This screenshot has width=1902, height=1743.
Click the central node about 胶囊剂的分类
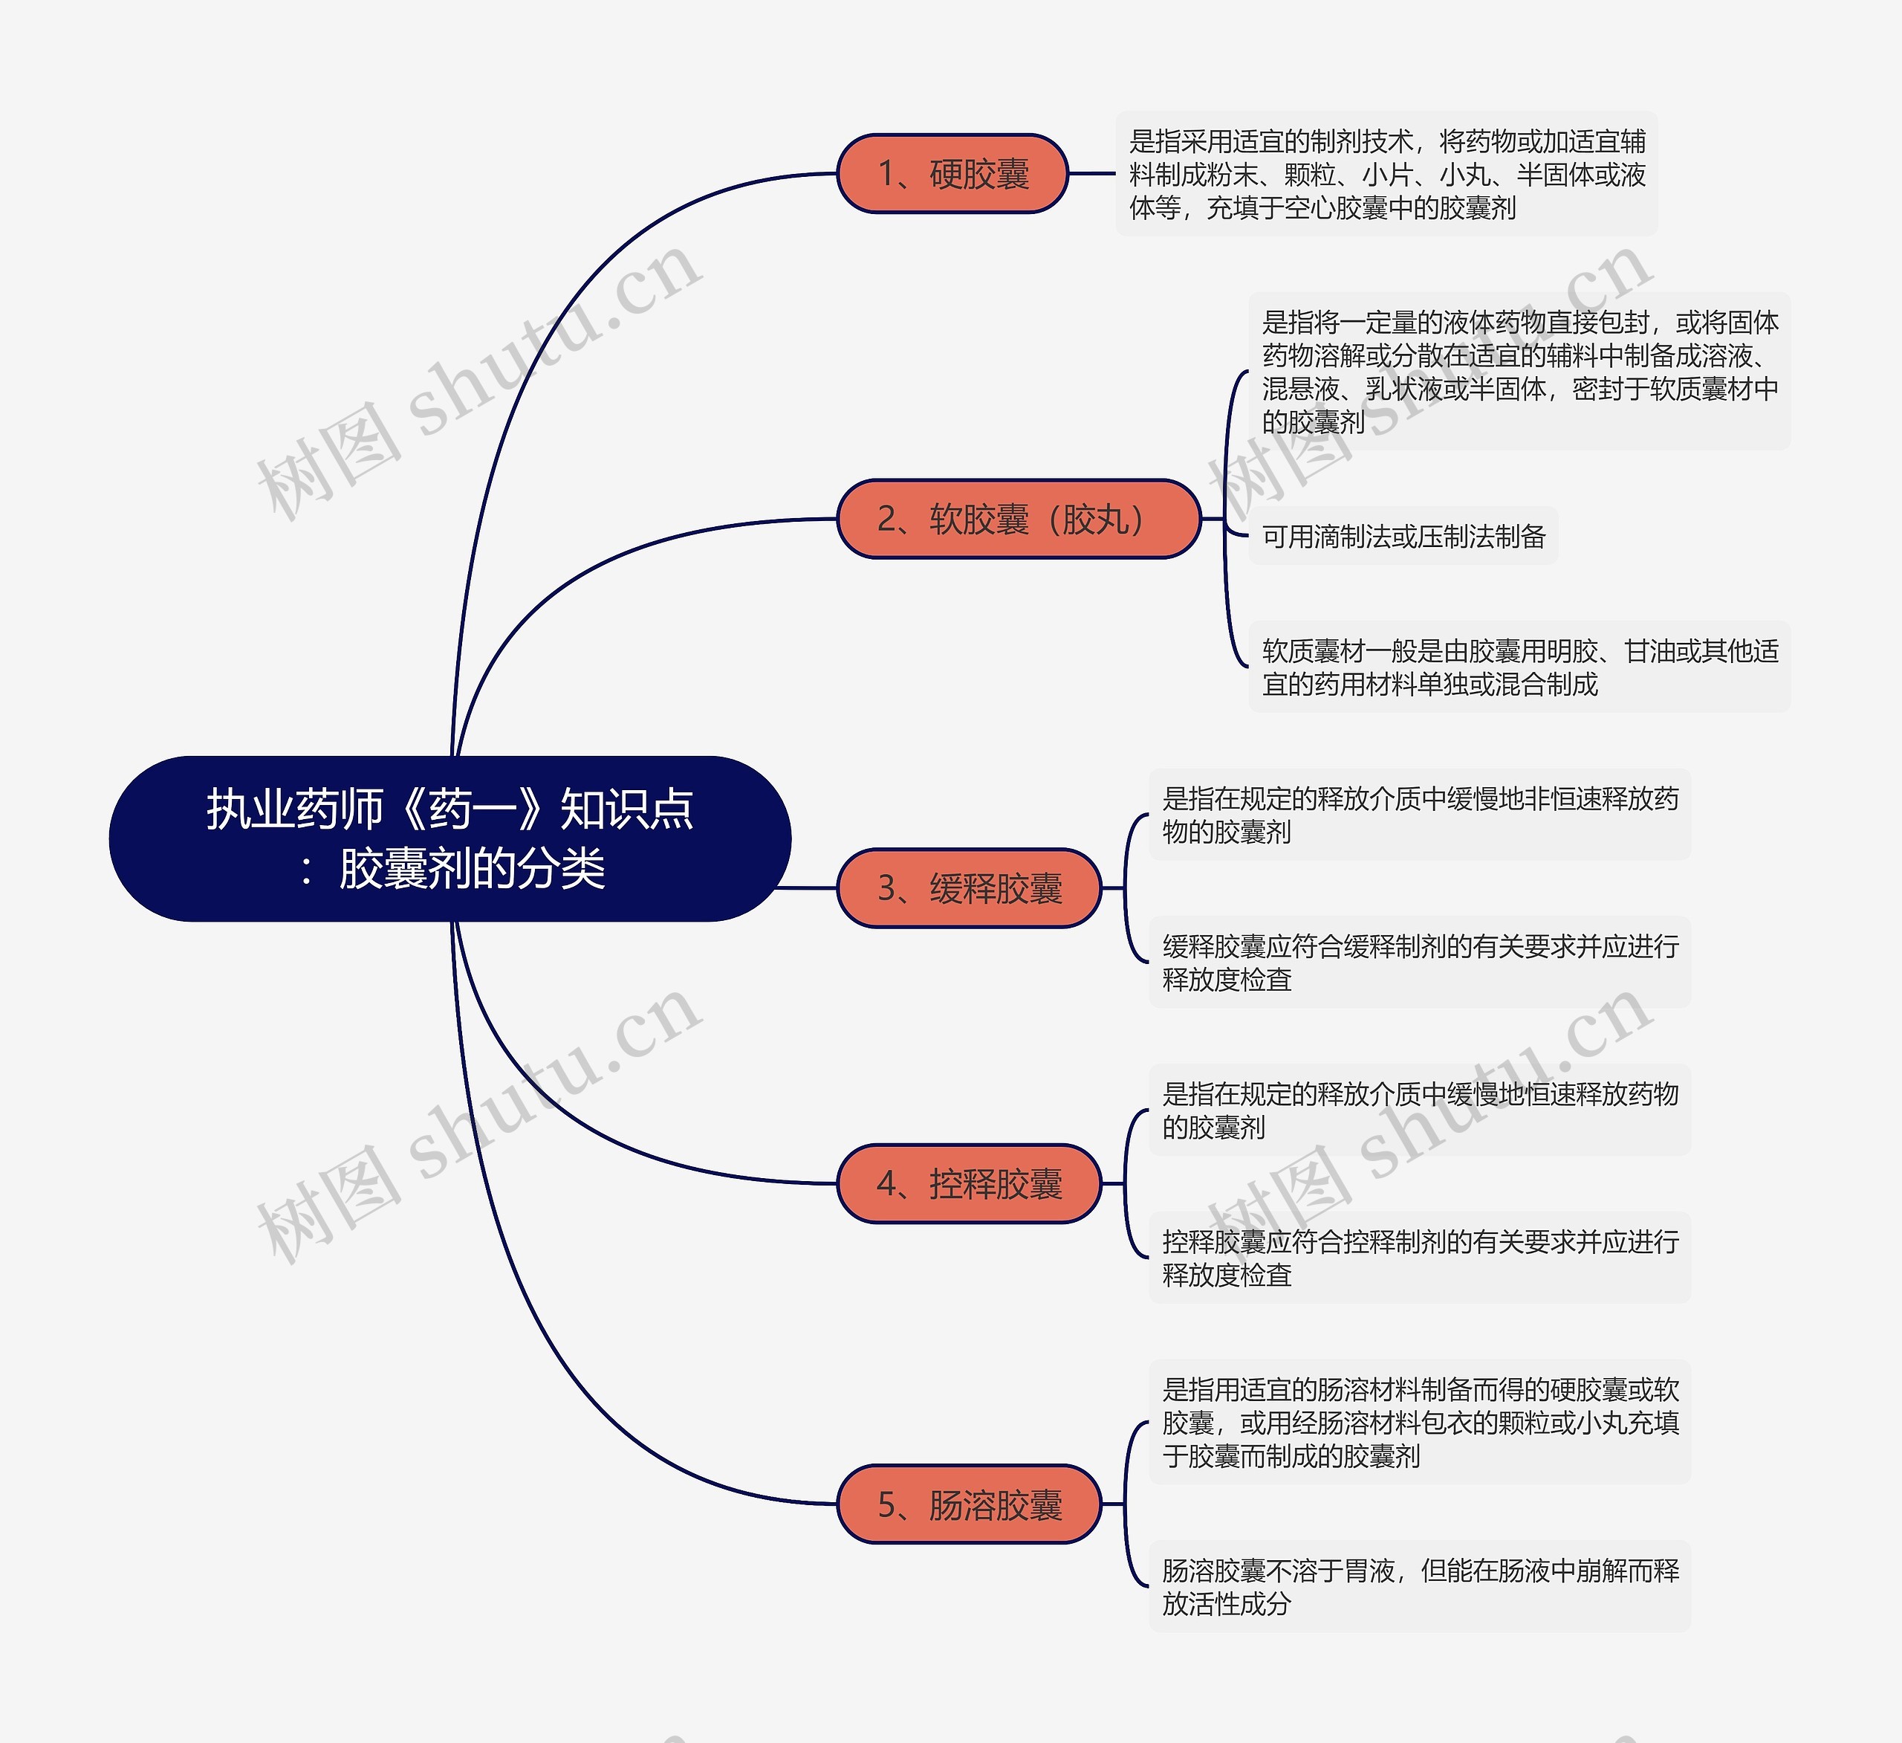(450, 838)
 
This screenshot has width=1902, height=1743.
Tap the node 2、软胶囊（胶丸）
(1018, 519)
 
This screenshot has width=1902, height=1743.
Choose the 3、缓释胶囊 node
(969, 888)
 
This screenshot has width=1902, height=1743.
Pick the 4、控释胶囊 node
(969, 1183)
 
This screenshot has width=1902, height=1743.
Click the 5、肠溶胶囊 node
(969, 1504)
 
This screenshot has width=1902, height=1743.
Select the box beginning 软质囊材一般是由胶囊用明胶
(1519, 667)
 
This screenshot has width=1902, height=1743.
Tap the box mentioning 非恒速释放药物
(1419, 815)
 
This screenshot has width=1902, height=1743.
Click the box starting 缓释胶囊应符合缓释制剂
(1419, 963)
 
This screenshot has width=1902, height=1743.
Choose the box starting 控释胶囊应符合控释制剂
(1419, 1258)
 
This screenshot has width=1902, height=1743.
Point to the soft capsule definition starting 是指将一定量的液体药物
(1519, 372)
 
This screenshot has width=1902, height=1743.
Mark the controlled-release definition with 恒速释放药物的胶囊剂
(1419, 1110)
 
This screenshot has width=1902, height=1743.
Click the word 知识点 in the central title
(626, 809)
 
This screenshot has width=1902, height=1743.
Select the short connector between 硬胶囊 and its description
(1091, 174)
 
